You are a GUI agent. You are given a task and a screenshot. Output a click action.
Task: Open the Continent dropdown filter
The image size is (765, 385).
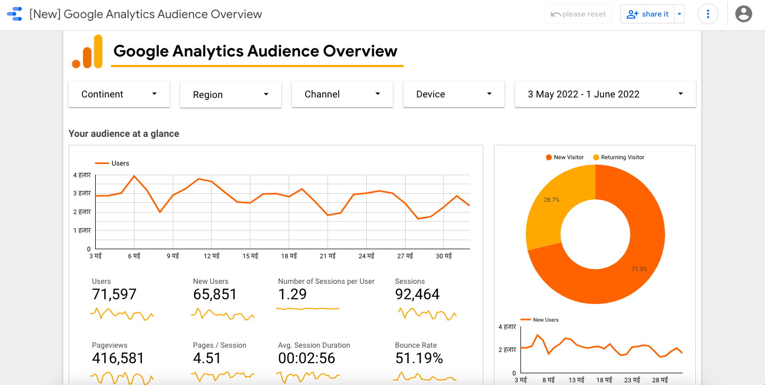pyautogui.click(x=119, y=94)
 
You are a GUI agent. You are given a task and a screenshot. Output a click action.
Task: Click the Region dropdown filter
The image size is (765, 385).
pyautogui.click(x=230, y=95)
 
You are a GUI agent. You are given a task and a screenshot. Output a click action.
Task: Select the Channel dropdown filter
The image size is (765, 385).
pyautogui.click(x=342, y=94)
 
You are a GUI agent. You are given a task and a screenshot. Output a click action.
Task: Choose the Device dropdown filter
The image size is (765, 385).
pyautogui.click(x=453, y=94)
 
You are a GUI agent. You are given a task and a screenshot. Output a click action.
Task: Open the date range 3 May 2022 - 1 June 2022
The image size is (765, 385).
pyautogui.click(x=605, y=94)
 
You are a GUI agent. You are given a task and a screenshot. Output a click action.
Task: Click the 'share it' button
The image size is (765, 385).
pyautogui.click(x=648, y=14)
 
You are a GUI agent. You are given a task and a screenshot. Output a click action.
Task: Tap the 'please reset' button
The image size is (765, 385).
pyautogui.click(x=578, y=14)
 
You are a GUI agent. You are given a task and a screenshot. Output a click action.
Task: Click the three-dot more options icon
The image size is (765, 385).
pyautogui.click(x=708, y=14)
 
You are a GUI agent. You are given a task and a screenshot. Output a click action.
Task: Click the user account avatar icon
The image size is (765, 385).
pyautogui.click(x=743, y=14)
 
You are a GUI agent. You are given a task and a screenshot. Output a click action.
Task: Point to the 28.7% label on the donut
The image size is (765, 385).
pyautogui.click(x=551, y=200)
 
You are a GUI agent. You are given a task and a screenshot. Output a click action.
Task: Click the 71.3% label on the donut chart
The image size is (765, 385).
pyautogui.click(x=639, y=269)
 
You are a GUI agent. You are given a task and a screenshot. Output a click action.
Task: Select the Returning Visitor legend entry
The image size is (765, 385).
pyautogui.click(x=619, y=158)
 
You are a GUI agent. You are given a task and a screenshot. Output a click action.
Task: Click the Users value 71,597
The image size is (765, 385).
pyautogui.click(x=114, y=294)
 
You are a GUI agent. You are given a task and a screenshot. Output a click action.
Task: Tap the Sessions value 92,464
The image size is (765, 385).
pyautogui.click(x=417, y=294)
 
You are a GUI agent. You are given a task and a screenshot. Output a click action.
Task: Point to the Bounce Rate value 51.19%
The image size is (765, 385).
pyautogui.click(x=419, y=358)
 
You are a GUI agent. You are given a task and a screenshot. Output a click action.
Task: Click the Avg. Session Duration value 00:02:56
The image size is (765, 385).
pyautogui.click(x=307, y=358)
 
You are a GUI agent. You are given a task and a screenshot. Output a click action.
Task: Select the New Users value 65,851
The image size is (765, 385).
pyautogui.click(x=215, y=294)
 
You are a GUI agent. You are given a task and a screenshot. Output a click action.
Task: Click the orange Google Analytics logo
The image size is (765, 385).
pyautogui.click(x=88, y=52)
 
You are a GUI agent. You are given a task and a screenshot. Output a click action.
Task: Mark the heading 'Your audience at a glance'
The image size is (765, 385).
pyautogui.click(x=124, y=134)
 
